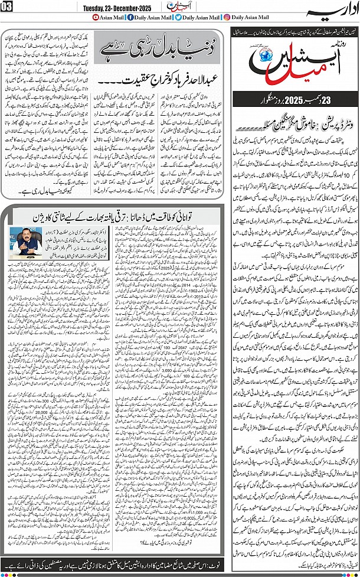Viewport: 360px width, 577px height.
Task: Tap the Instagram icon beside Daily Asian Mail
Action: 228,18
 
